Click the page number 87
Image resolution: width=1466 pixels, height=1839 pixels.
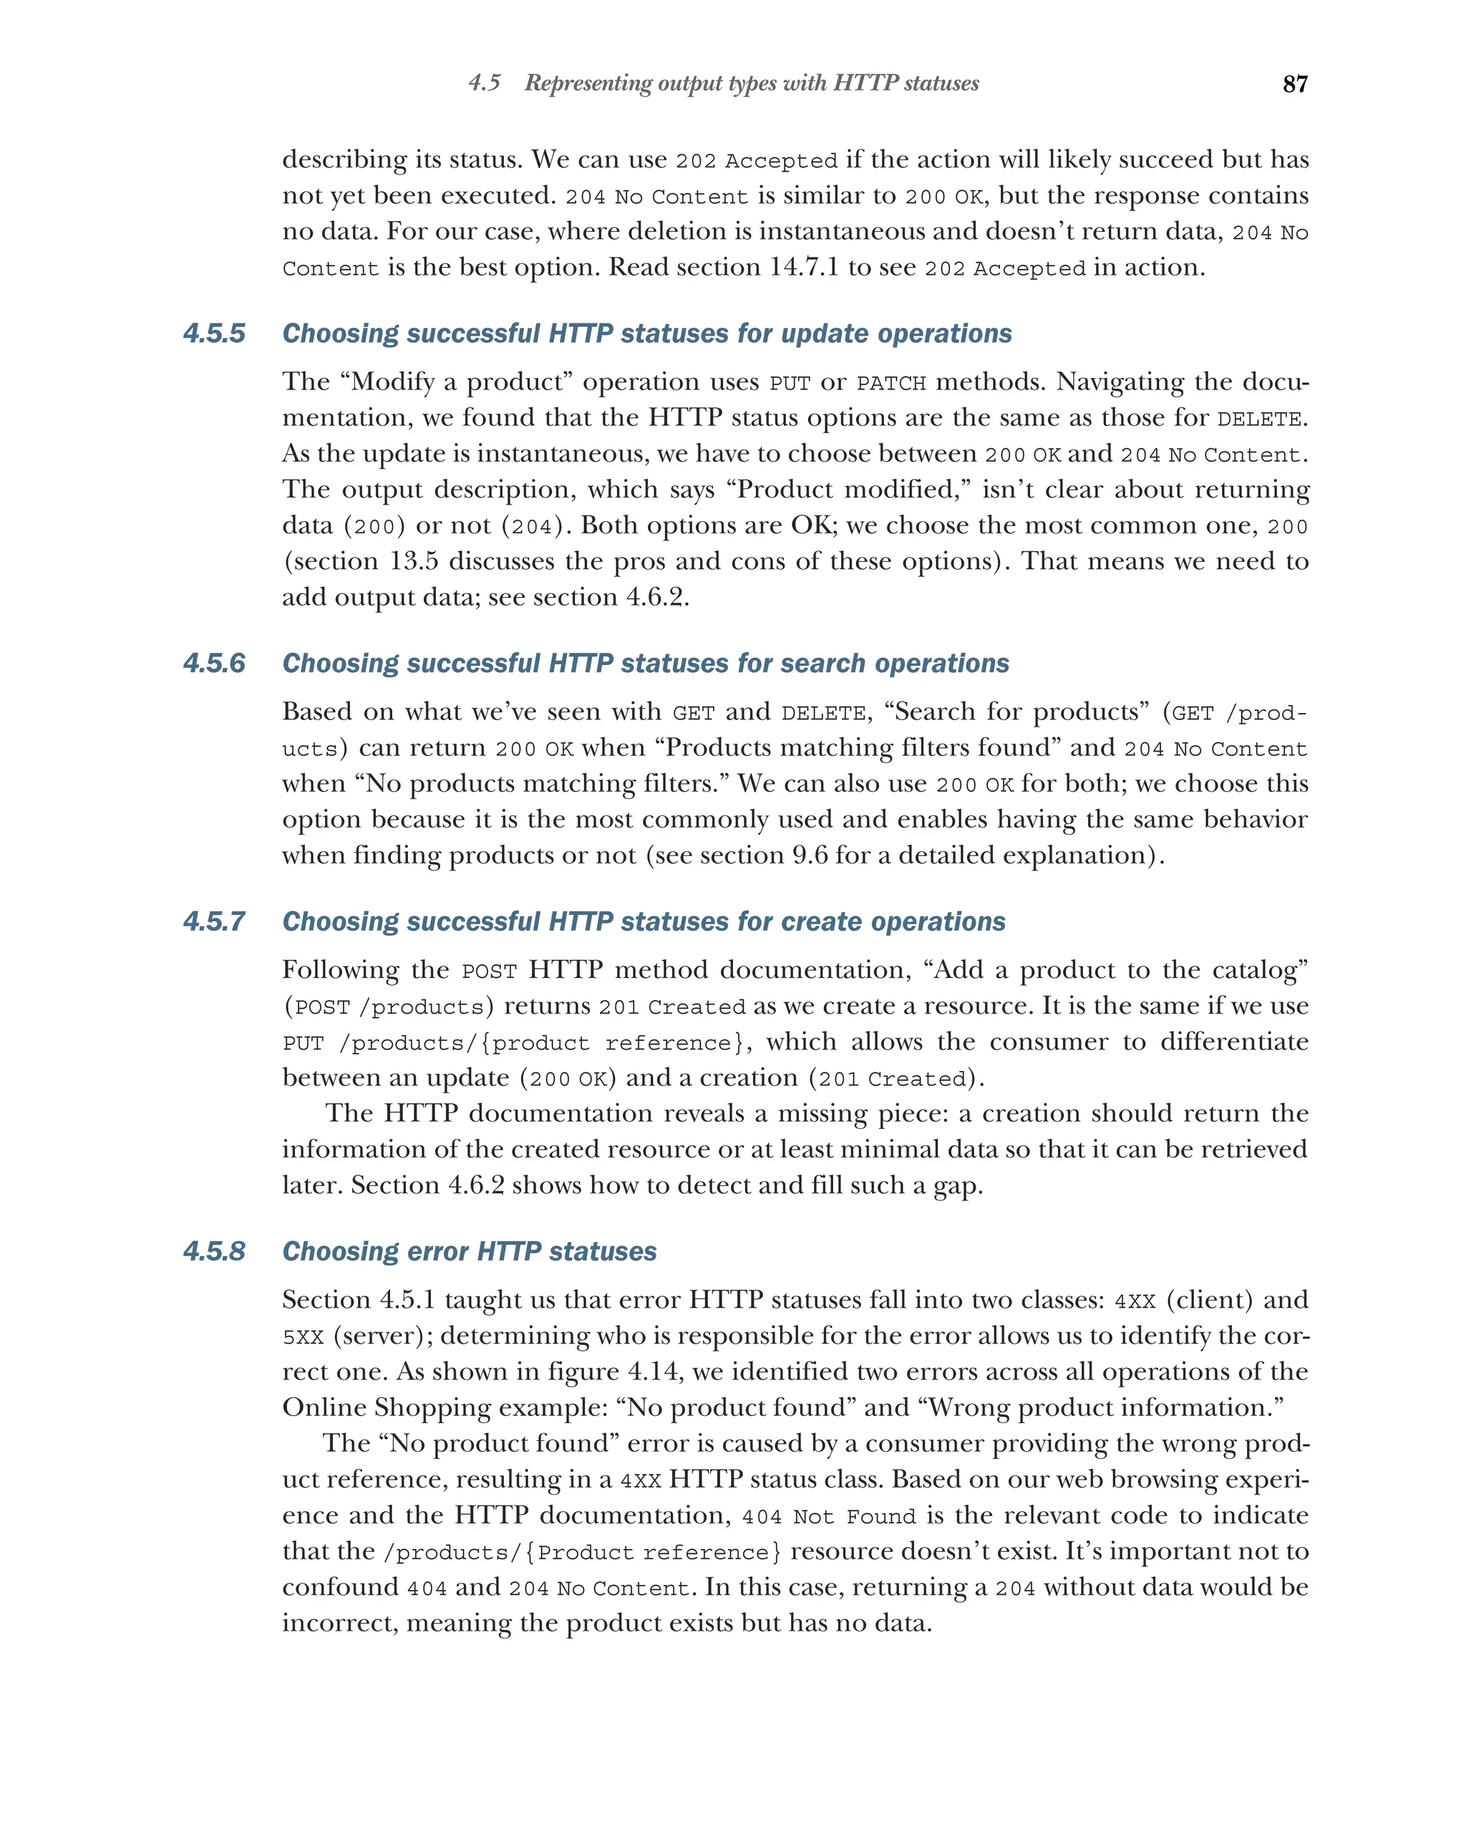point(1295,84)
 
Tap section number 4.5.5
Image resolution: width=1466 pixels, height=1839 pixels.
point(214,334)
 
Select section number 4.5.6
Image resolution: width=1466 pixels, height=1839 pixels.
point(214,664)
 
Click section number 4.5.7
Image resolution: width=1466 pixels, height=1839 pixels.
point(214,922)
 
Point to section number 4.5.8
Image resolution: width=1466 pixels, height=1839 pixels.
point(214,1251)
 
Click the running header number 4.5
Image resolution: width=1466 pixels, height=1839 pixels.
point(485,84)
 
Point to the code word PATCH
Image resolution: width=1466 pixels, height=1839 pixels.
point(890,384)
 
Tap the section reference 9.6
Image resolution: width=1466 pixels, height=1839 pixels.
point(810,855)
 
